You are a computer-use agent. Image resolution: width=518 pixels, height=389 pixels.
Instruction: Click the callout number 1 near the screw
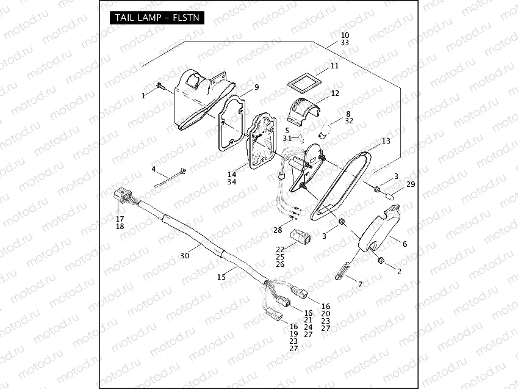[144, 95]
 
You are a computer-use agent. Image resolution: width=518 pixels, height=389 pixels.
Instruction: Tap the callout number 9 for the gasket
[257, 87]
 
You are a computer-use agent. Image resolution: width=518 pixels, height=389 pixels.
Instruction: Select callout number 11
[334, 66]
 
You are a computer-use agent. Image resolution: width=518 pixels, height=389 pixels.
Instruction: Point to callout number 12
[335, 93]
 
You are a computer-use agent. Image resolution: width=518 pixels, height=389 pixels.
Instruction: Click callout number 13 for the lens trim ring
[386, 141]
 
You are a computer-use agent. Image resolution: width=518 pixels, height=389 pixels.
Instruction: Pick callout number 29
[410, 184]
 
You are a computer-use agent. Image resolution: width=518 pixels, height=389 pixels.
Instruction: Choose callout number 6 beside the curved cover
[404, 244]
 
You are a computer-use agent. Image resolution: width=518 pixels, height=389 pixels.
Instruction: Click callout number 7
[360, 285]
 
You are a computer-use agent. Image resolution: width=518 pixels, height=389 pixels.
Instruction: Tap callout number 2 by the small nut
[399, 271]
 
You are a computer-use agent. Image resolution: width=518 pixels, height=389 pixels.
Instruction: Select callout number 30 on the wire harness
[184, 255]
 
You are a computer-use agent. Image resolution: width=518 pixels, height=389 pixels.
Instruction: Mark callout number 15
[221, 277]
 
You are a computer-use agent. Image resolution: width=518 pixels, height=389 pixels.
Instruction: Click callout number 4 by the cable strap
[154, 169]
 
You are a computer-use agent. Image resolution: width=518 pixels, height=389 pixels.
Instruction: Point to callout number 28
[278, 230]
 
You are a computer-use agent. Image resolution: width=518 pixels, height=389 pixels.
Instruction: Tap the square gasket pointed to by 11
[303, 81]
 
